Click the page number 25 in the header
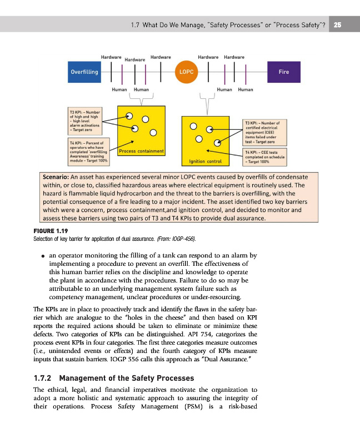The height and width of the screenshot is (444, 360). (338, 24)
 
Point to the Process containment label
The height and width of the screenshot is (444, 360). (141, 151)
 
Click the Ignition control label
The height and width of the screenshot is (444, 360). (206, 162)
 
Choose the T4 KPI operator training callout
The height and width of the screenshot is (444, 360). (87, 152)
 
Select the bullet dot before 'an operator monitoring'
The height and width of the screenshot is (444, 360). (43, 256)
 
